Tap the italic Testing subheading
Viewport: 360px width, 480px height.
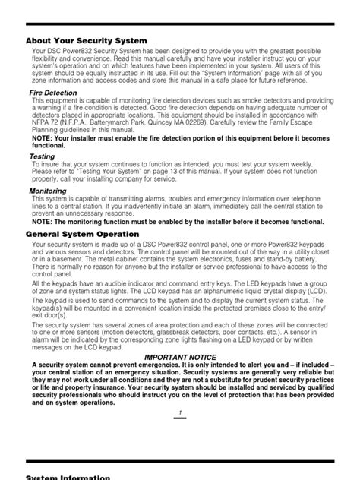click(x=42, y=156)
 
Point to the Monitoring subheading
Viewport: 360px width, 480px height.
click(x=48, y=191)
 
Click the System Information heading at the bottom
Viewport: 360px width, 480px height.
click(x=68, y=477)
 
